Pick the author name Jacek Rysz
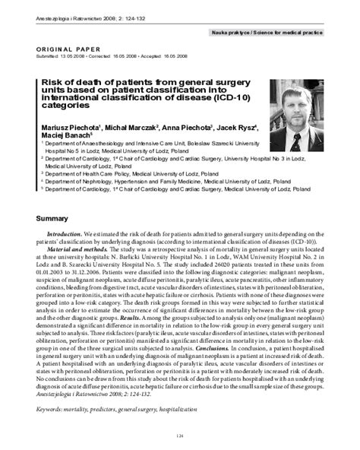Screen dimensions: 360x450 pos(239,128)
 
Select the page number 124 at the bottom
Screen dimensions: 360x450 pos(180,435)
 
